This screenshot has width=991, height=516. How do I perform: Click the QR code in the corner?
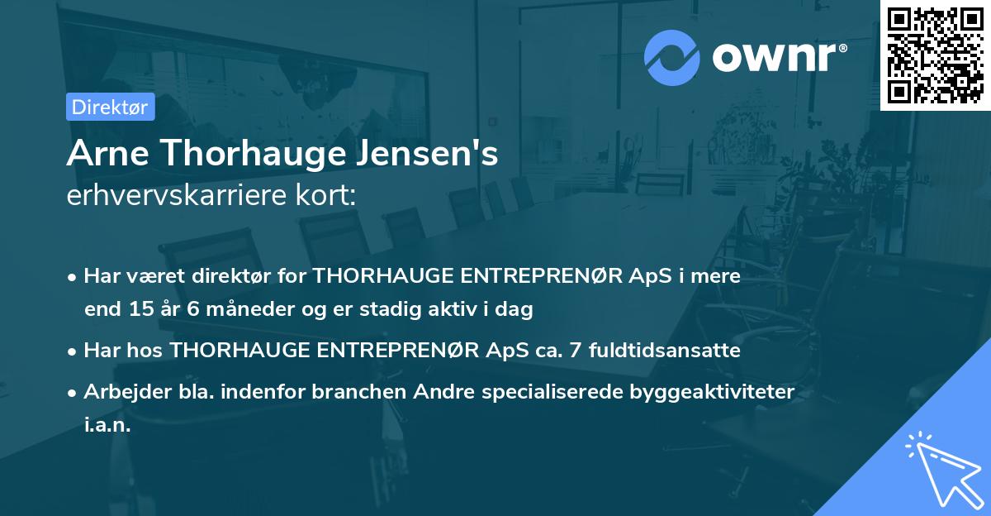tap(935, 55)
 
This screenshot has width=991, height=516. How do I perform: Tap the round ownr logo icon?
tap(672, 57)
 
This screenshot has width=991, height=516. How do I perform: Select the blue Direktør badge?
tap(110, 107)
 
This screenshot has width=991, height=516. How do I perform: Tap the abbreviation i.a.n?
tap(107, 425)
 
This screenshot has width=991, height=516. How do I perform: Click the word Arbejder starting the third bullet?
tap(122, 392)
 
